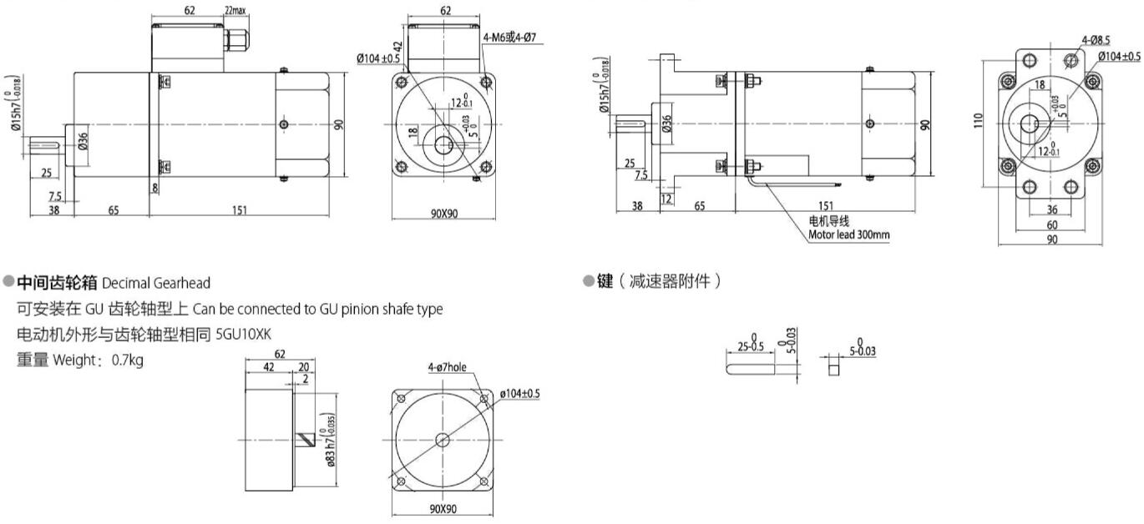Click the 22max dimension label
235,11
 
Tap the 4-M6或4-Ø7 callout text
510,38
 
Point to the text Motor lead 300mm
848,234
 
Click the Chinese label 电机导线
828,222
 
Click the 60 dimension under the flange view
1051,224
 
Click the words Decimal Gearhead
156,284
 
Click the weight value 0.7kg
127,360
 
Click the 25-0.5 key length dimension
751,346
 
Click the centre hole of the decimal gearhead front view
442,440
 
